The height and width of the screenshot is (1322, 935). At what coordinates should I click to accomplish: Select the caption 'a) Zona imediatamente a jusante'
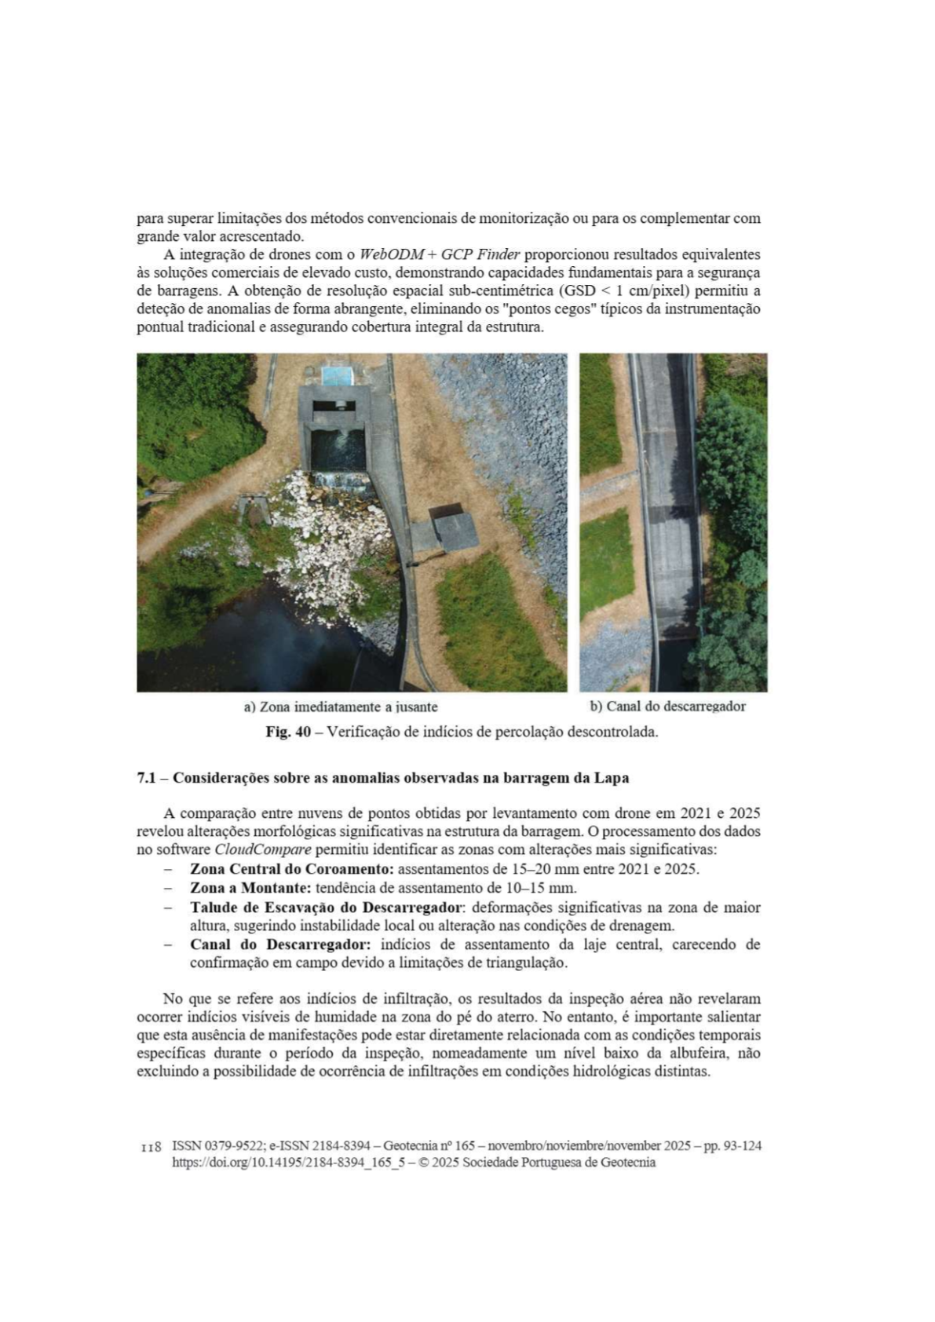click(x=341, y=707)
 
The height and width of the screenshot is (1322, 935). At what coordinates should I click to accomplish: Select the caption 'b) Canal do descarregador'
click(x=667, y=706)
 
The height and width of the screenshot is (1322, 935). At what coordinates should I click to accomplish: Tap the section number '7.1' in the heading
click(x=148, y=778)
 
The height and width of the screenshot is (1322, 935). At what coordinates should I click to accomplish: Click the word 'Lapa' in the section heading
click(x=612, y=778)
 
